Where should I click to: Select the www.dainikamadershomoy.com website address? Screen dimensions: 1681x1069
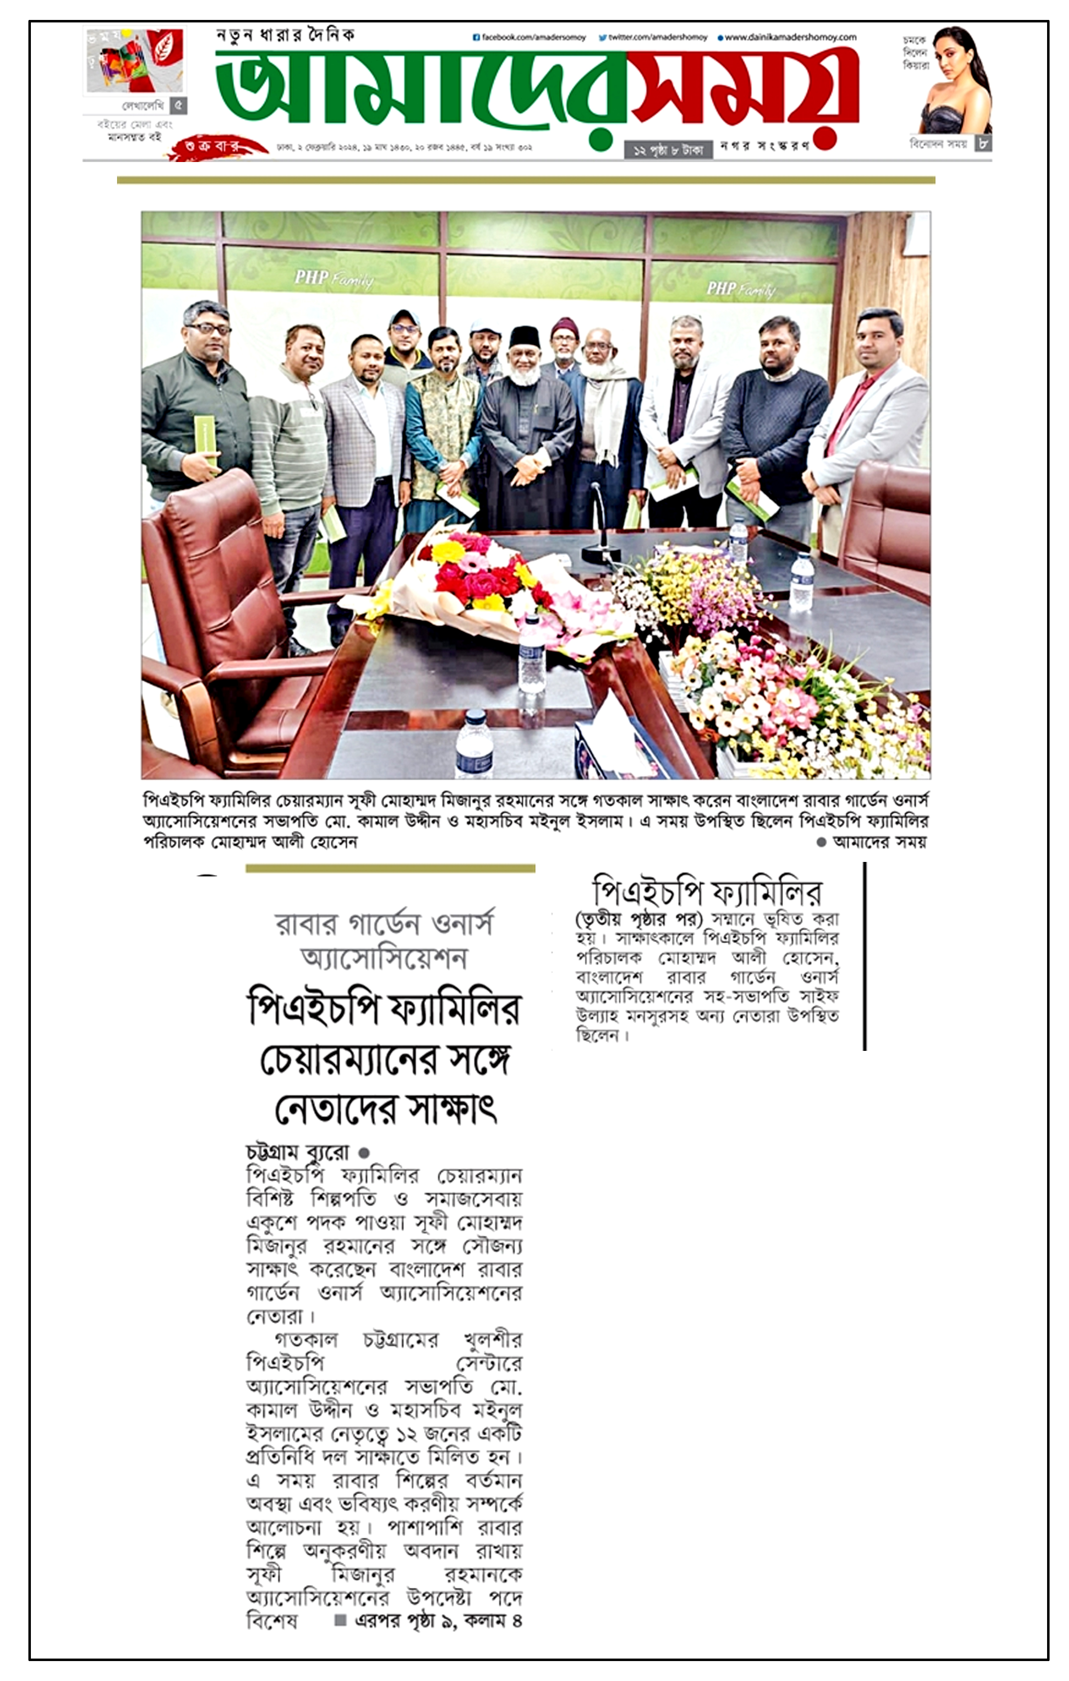tap(790, 38)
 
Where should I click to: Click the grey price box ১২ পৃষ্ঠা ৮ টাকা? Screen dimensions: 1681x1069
tap(668, 150)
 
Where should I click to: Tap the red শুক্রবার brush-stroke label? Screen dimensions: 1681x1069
tap(213, 147)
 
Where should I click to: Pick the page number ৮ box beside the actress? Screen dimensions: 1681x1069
tap(982, 143)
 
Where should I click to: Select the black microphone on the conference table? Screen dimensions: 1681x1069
tap(599, 520)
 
